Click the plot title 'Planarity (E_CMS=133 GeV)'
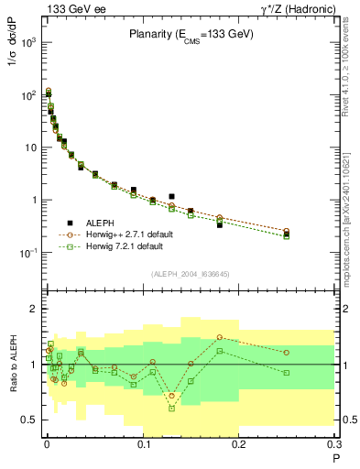pos(190,36)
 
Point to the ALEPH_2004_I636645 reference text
pos(190,273)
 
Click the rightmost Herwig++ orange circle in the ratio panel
pos(287,352)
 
